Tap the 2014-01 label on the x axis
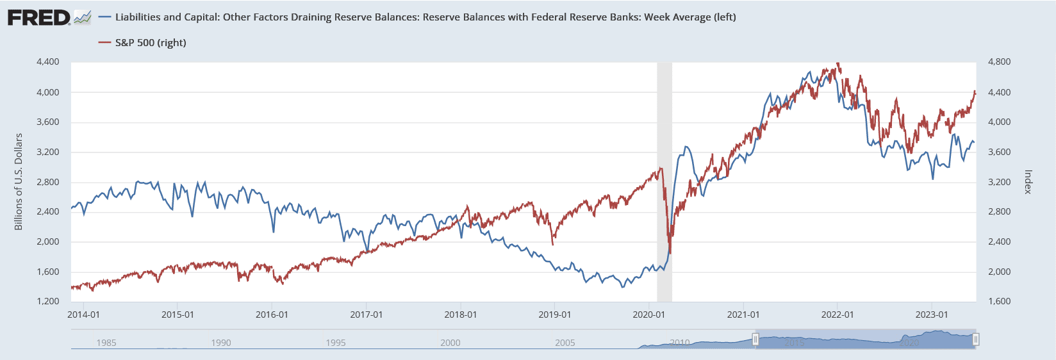[x=84, y=315]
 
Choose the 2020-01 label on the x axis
[x=648, y=315]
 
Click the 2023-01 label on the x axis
[x=931, y=315]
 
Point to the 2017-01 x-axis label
[x=366, y=315]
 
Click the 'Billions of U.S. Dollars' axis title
[x=19, y=182]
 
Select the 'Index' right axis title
[x=1028, y=182]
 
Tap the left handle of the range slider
[x=755, y=339]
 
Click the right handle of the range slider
[x=976, y=339]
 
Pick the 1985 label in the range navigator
[x=106, y=343]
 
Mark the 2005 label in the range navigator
[x=565, y=343]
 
